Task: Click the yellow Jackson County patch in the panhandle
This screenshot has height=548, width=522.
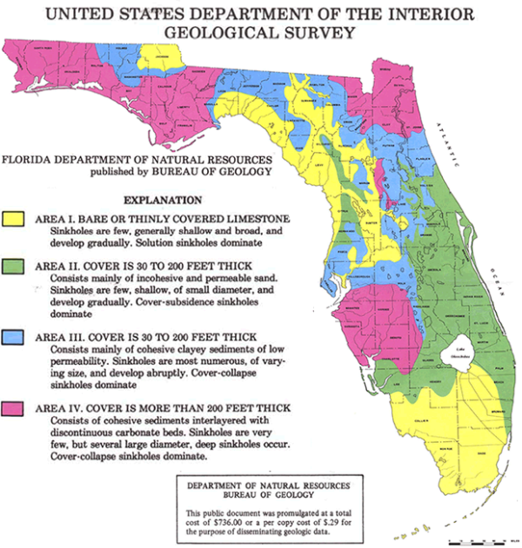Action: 163,56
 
